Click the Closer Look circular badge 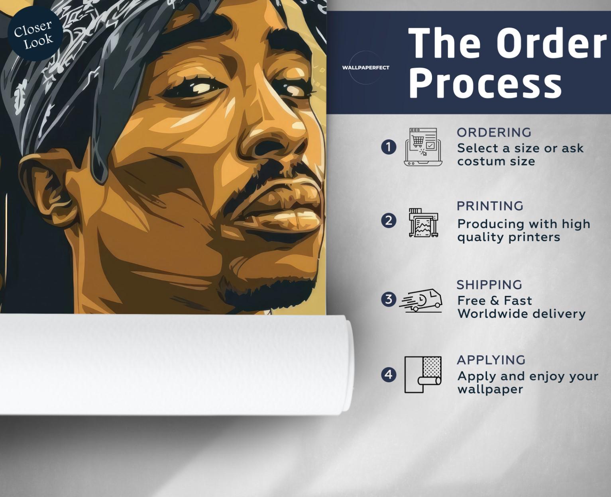tap(35, 33)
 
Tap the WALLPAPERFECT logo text tap(366, 68)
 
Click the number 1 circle tap(389, 147)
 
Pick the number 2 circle tap(389, 221)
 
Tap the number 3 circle tap(389, 299)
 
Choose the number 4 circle tap(389, 375)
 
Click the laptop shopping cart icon tap(423, 147)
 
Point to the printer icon tap(423, 223)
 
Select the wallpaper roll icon tap(423, 375)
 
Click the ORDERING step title tap(494, 133)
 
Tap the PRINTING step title tap(490, 206)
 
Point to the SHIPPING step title tap(489, 285)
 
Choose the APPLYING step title tap(491, 360)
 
